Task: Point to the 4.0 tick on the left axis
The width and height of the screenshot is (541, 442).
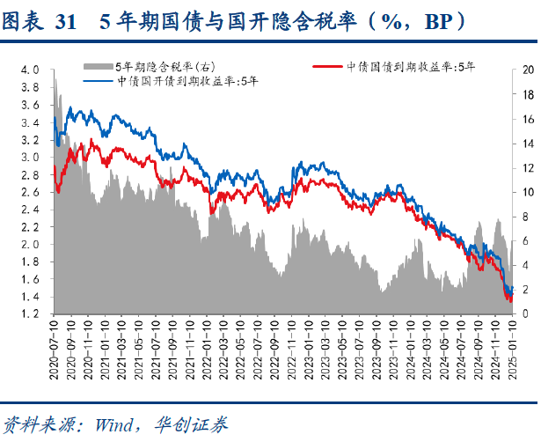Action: coord(32,70)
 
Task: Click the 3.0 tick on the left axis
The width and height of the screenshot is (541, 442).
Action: coord(32,157)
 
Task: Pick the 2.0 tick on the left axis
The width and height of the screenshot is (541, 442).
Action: coord(32,244)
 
